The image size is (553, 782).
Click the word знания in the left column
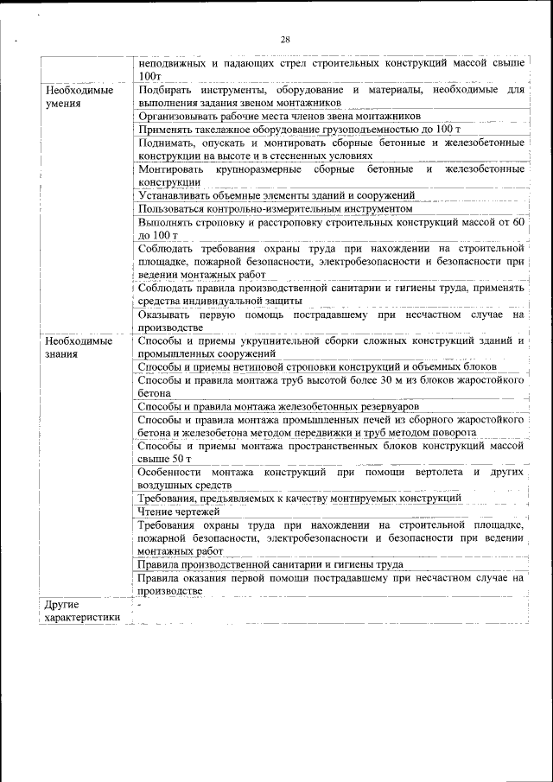click(x=63, y=353)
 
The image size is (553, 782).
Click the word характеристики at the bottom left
click(x=81, y=617)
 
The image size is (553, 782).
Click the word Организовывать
click(x=181, y=116)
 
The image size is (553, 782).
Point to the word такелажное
click(x=226, y=129)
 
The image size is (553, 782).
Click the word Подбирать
click(x=168, y=90)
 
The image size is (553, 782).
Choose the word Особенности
click(x=174, y=473)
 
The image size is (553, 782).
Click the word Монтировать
click(x=172, y=168)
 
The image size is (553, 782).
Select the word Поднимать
click(x=168, y=143)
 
